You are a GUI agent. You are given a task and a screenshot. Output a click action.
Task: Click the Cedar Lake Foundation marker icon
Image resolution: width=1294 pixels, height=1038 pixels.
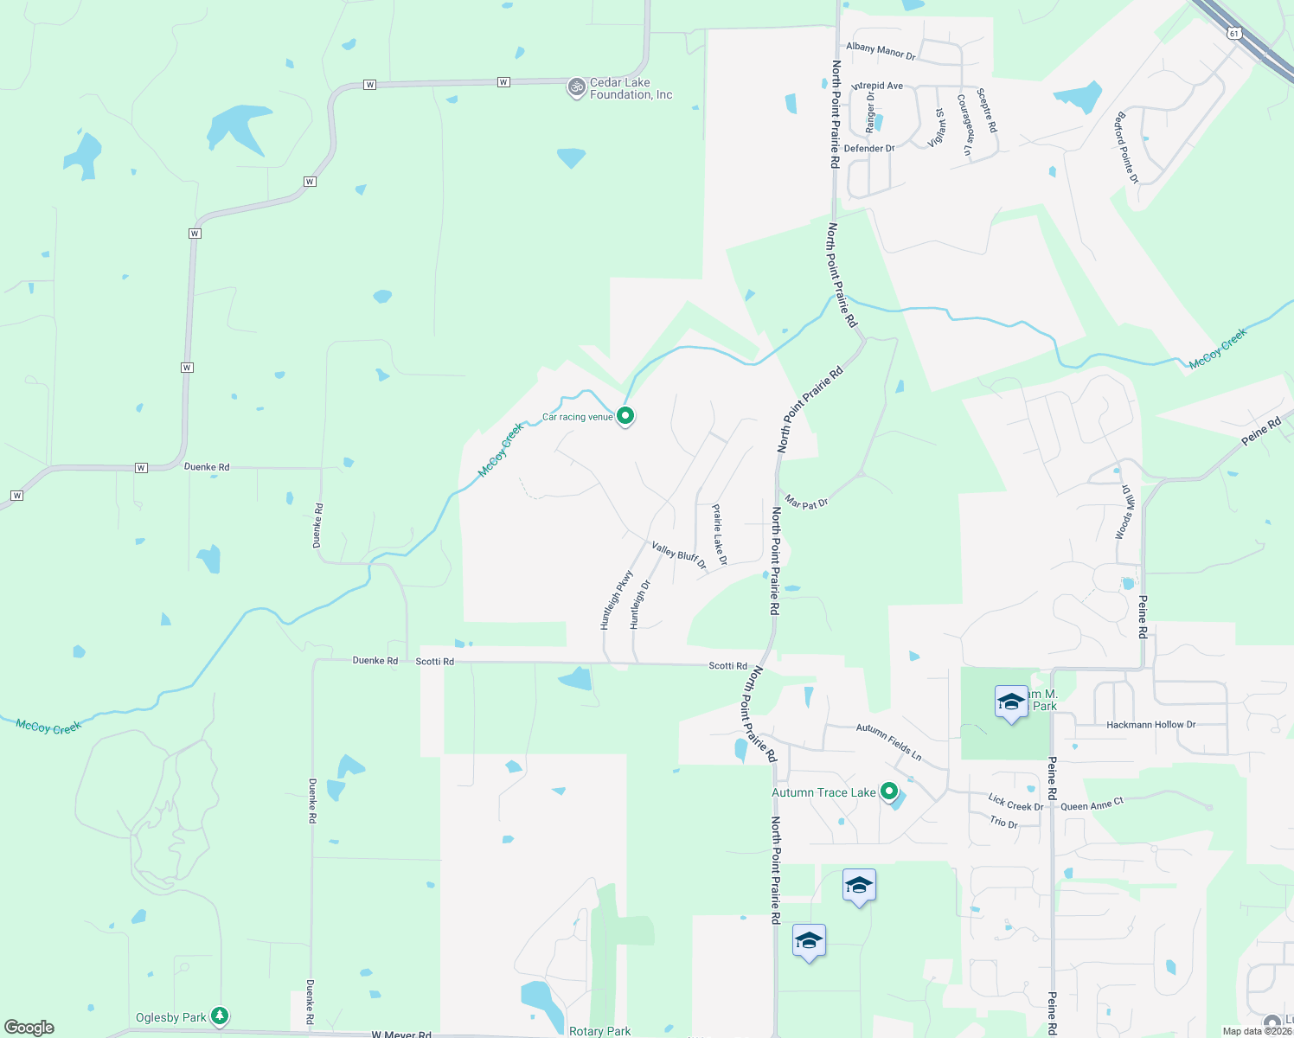pos(576,87)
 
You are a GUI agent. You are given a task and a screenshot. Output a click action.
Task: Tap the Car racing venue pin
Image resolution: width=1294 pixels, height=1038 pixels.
pos(625,415)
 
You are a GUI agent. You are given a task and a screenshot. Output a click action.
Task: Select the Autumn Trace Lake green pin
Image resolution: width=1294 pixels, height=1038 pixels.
pos(888,791)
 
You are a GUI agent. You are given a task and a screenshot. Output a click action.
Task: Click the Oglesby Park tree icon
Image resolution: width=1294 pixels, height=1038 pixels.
pos(220,1015)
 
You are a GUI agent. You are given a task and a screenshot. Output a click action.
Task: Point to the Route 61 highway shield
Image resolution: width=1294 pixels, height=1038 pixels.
pos(1233,33)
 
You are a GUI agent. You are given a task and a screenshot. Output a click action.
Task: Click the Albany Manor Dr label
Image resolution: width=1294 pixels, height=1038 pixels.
pos(881,51)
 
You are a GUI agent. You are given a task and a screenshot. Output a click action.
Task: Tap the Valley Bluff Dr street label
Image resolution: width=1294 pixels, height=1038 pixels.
pos(679,555)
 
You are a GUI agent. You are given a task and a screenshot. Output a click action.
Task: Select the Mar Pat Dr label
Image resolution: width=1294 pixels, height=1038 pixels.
pos(807,502)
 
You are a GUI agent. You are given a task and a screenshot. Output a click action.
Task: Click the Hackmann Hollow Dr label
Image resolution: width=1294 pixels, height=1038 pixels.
pos(1150,725)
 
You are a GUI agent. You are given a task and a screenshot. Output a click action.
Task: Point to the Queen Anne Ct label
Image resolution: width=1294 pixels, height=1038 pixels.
pos(1092,804)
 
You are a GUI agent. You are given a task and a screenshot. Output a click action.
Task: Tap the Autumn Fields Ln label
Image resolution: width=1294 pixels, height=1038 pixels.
pos(888,742)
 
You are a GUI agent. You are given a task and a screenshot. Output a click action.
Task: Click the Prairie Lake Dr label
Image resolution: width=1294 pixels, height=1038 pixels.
pos(719,535)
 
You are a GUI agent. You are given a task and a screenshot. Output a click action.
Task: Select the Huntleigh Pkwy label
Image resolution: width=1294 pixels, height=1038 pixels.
pos(617,599)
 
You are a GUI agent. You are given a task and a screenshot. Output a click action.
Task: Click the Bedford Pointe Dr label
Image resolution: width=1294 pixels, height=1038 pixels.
pos(1126,147)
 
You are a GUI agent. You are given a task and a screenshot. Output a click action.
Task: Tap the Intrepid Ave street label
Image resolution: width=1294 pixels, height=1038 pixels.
pos(877,86)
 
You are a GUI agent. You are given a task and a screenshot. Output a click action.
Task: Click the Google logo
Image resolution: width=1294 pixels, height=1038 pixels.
pos(29,1027)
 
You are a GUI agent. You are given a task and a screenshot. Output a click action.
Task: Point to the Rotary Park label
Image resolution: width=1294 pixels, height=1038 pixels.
pos(599,1031)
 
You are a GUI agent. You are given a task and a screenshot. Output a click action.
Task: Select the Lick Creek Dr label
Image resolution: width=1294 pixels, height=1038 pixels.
pos(1015,803)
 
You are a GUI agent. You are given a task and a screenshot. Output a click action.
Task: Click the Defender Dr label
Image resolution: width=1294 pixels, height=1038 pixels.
pos(869,149)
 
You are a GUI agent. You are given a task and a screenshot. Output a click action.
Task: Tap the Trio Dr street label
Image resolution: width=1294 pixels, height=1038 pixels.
pos(1004,822)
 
